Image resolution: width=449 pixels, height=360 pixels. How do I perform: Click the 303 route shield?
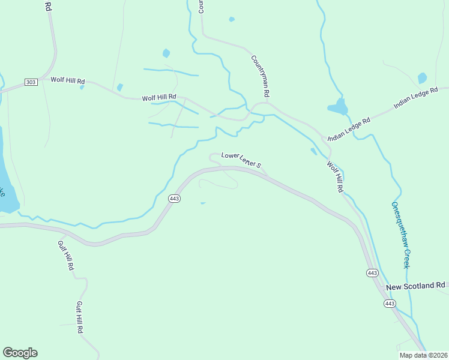click(31, 82)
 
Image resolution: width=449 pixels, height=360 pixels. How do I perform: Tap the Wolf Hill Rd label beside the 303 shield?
click(68, 80)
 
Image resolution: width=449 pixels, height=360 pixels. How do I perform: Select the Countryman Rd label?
click(261, 76)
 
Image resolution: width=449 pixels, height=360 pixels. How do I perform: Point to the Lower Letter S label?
click(241, 159)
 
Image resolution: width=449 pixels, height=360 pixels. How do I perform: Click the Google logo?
click(20, 353)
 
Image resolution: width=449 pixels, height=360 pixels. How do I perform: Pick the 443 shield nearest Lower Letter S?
click(174, 199)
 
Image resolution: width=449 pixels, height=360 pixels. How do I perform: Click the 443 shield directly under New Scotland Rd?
click(390, 304)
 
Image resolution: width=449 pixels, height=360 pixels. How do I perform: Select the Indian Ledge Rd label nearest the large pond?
click(349, 128)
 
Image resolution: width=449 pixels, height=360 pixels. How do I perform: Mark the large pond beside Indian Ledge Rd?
click(339, 108)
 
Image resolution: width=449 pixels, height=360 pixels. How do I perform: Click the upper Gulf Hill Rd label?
click(65, 256)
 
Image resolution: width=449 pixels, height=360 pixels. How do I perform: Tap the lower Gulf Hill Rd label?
click(79, 317)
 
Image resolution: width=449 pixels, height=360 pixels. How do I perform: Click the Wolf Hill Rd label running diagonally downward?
click(334, 176)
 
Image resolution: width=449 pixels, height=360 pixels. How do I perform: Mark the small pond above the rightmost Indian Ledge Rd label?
click(422, 78)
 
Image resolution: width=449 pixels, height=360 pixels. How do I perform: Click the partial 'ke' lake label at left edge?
click(2, 192)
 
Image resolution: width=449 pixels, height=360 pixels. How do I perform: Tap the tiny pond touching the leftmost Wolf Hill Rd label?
click(82, 87)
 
